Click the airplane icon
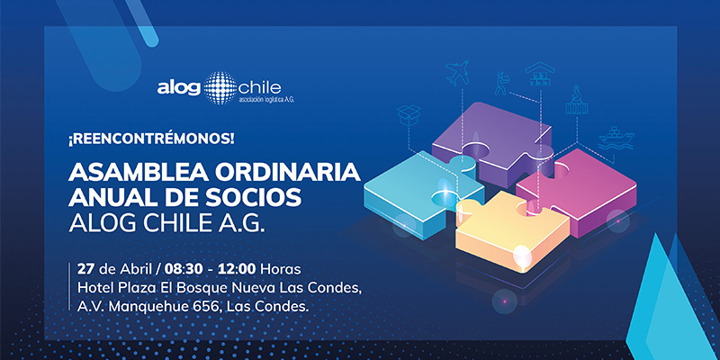point(457,73)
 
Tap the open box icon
point(409,115)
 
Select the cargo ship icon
point(616,139)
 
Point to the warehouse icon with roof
point(540,74)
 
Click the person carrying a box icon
point(502,84)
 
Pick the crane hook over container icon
point(577,100)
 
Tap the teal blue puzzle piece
point(420,193)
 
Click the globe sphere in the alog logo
point(220,87)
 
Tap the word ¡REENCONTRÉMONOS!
point(151,139)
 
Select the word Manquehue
point(150,307)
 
